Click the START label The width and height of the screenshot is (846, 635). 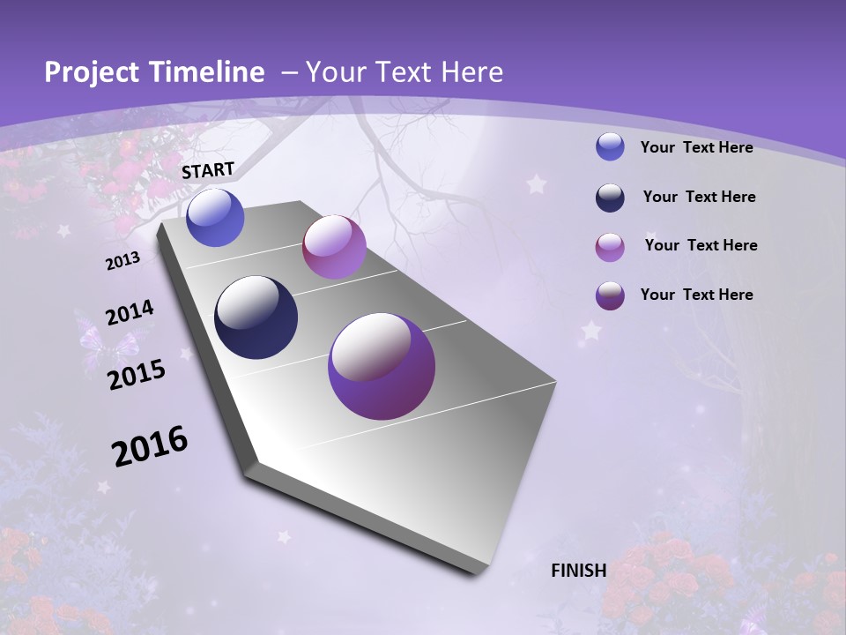point(208,169)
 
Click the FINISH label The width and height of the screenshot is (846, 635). point(579,571)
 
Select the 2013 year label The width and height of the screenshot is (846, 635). point(122,261)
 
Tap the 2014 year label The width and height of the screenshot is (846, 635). point(130,313)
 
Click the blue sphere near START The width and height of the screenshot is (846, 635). point(215,218)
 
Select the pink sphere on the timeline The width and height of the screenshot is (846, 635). point(334,247)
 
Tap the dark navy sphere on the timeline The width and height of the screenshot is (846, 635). point(256,317)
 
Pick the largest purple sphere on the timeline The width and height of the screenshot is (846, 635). point(381,366)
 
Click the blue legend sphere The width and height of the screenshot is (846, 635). point(610,147)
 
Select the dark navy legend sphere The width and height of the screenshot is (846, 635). point(610,198)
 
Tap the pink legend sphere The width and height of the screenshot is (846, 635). point(610,247)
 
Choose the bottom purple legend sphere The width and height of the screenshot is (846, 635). point(610,295)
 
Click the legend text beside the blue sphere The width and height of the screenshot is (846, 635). point(696,148)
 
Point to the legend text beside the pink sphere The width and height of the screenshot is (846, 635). point(701,245)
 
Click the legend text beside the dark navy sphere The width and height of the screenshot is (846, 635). point(699,197)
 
